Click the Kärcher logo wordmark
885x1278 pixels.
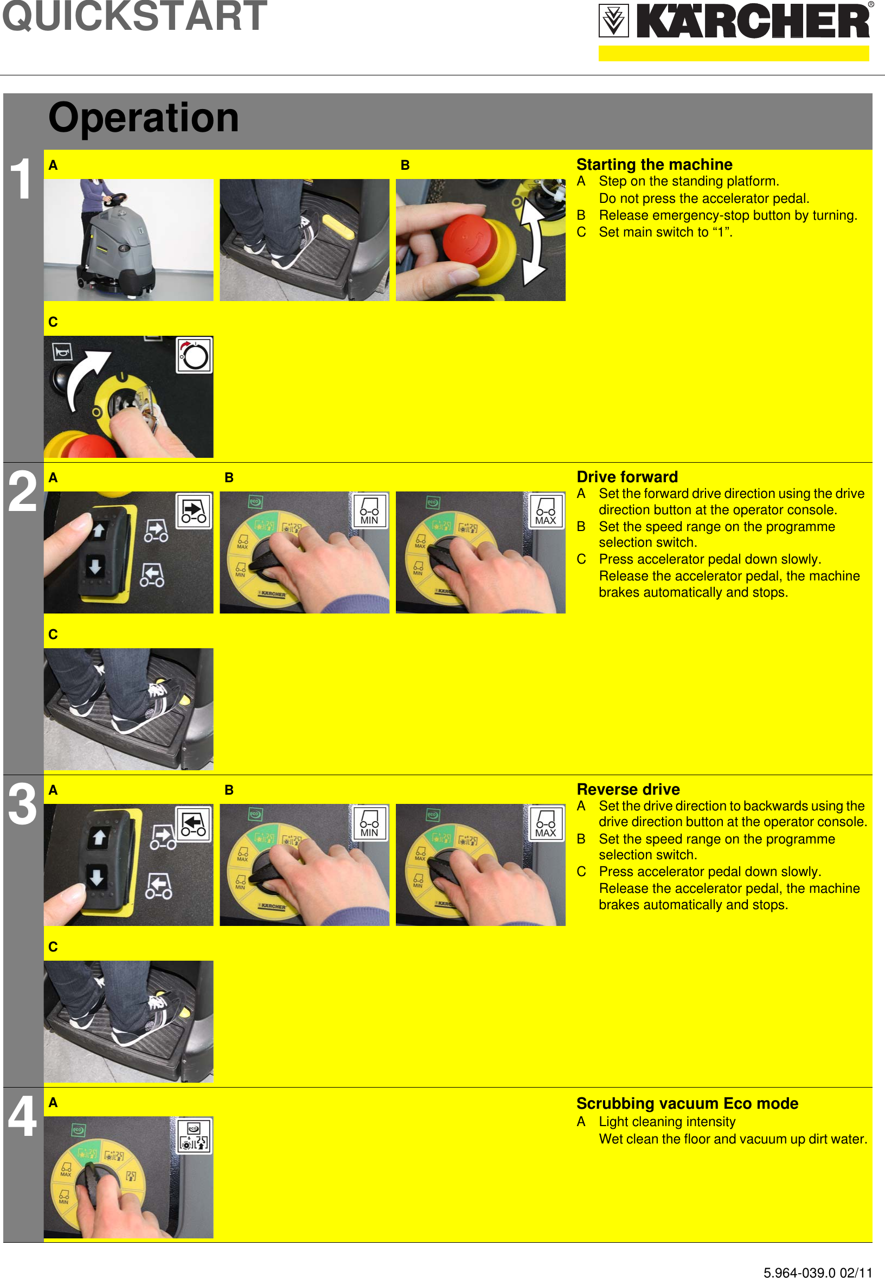point(753,22)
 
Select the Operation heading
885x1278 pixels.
point(143,118)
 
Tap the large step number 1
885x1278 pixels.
point(22,178)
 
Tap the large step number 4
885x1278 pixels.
point(22,1116)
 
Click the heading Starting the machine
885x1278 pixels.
point(654,165)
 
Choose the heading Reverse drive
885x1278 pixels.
point(628,789)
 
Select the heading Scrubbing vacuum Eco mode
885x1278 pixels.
point(687,1103)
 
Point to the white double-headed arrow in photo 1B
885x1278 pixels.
point(534,240)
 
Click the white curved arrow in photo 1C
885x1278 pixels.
point(86,378)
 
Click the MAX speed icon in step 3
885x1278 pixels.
point(545,822)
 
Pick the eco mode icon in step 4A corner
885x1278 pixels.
point(194,1135)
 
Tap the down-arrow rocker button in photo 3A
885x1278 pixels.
point(97,878)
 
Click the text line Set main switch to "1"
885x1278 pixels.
point(665,232)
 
